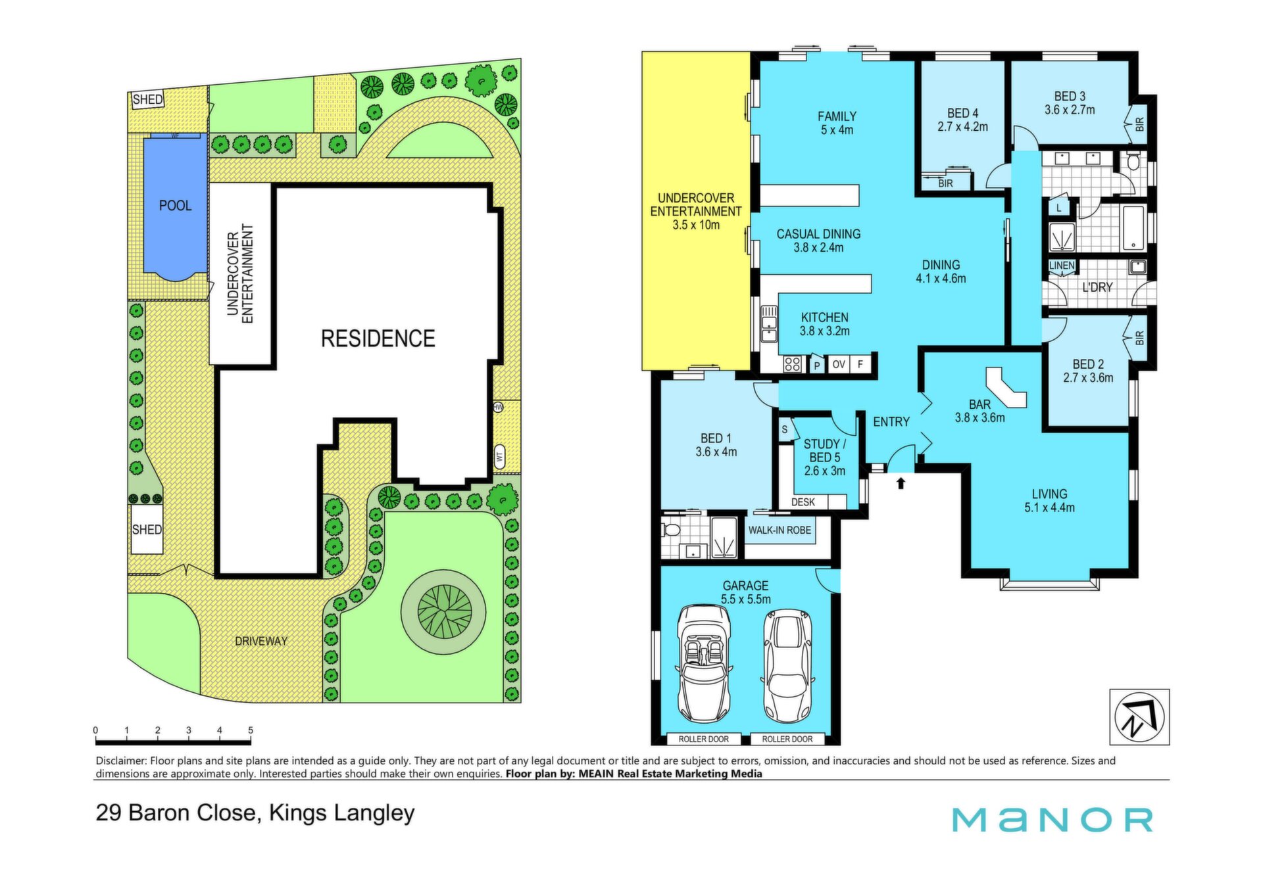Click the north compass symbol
(x=1139, y=717)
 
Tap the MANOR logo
(x=1052, y=820)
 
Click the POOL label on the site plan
(x=175, y=206)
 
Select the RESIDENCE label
(x=378, y=339)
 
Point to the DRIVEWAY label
(x=261, y=641)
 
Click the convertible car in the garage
(x=704, y=664)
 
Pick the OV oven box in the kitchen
(x=838, y=364)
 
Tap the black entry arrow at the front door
(x=901, y=483)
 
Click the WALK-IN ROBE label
(x=780, y=530)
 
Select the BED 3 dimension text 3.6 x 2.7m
(x=1070, y=110)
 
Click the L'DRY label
(x=1097, y=287)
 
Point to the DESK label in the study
(x=803, y=502)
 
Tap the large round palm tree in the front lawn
(x=444, y=612)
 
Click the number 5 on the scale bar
(x=251, y=730)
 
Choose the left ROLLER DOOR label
(x=703, y=739)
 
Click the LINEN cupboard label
(x=1062, y=266)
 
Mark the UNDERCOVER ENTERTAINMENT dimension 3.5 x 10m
(x=696, y=225)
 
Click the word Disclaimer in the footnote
(x=122, y=761)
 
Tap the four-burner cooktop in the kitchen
(x=792, y=364)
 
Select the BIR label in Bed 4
(x=945, y=183)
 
